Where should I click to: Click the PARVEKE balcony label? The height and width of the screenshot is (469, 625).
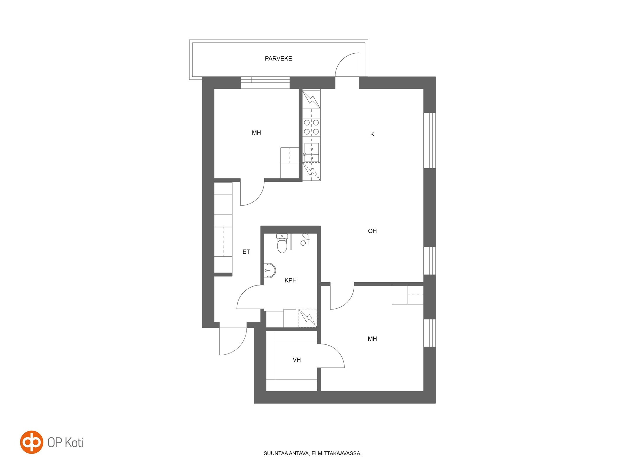[278, 59]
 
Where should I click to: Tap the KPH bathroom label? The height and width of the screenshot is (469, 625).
[290, 281]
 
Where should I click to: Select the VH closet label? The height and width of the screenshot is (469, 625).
[297, 360]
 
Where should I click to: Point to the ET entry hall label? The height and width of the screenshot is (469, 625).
[246, 252]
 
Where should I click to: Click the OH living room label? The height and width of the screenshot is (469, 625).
[372, 231]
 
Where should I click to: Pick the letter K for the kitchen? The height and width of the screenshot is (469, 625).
[372, 134]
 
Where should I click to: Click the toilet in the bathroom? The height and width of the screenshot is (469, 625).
[282, 243]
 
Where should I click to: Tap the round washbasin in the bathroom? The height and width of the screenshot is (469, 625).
[270, 270]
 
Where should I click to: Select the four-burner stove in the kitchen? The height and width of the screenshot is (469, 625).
[311, 127]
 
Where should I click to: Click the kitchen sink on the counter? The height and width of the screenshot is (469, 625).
[311, 152]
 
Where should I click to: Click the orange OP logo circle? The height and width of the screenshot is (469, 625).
[32, 442]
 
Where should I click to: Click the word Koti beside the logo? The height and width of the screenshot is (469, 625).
[74, 442]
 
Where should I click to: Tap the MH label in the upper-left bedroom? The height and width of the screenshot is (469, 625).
[256, 133]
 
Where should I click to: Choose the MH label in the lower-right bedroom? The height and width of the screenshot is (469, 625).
[372, 339]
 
